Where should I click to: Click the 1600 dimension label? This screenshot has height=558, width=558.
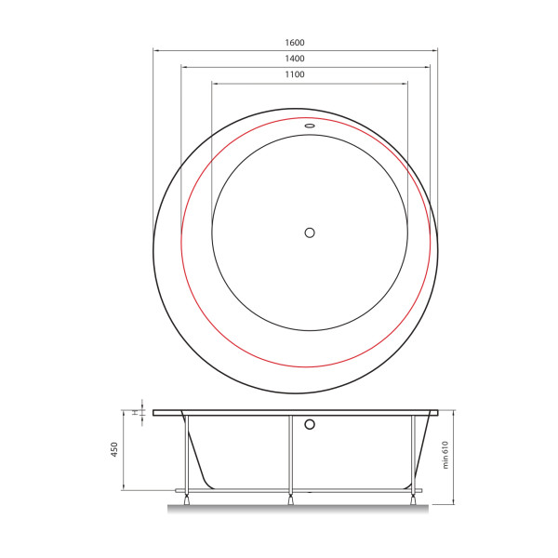[295, 43]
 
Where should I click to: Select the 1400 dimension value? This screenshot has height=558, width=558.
[295, 59]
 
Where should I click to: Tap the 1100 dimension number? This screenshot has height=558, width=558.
[295, 74]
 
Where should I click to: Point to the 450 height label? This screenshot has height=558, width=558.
[113, 449]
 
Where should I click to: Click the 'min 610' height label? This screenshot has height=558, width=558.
[445, 455]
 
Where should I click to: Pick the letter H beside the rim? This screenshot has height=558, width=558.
[135, 412]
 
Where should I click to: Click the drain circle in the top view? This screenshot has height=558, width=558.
[310, 232]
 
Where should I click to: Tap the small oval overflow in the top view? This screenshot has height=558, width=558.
[310, 126]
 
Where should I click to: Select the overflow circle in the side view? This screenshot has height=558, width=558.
[310, 424]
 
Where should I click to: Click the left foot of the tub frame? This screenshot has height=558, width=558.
[186, 499]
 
